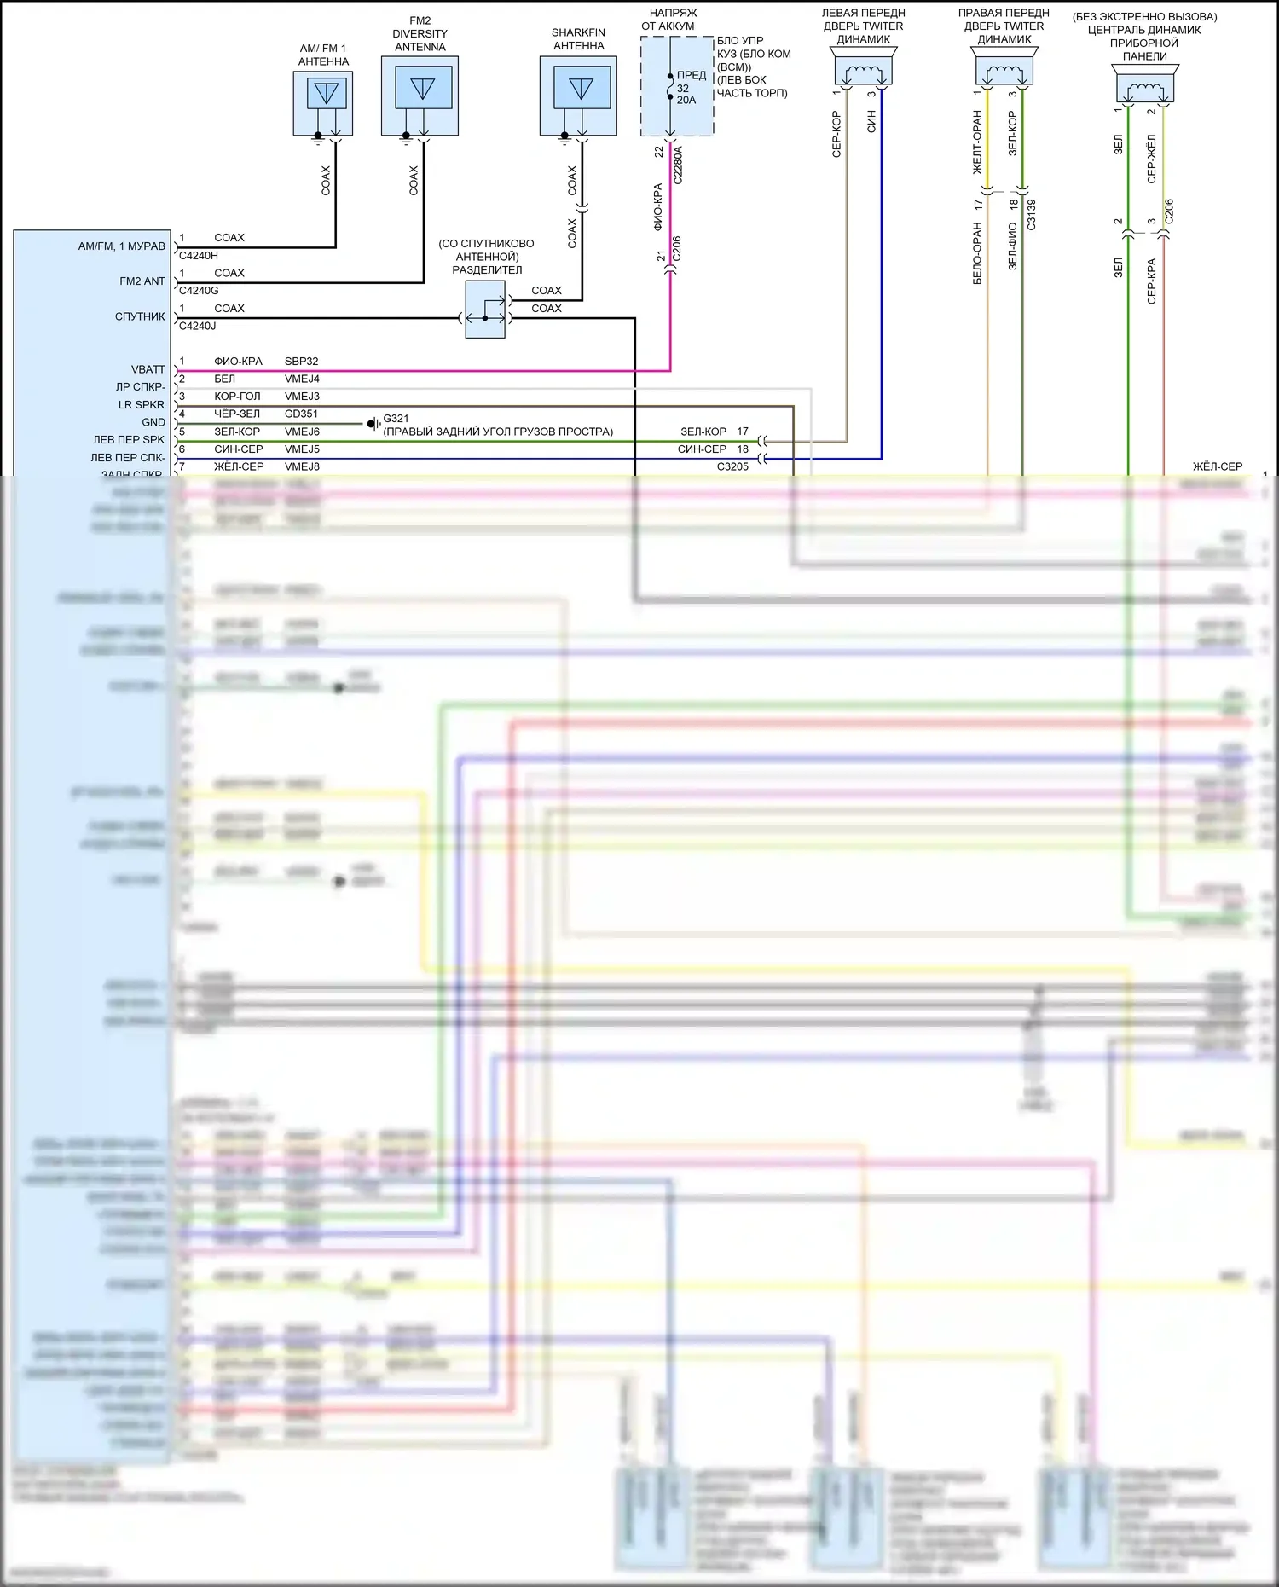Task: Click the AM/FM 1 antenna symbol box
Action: click(323, 102)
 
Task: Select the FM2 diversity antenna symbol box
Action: click(420, 95)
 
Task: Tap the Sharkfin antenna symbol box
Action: click(578, 95)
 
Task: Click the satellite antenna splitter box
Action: click(485, 310)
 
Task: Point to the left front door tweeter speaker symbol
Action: click(864, 67)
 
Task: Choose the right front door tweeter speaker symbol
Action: click(1004, 67)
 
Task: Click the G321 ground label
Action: click(396, 419)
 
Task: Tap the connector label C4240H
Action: click(199, 256)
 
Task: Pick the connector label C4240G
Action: click(199, 291)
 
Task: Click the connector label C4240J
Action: click(198, 326)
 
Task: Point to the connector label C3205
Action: click(732, 466)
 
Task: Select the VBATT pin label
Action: click(148, 369)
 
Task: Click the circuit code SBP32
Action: click(302, 362)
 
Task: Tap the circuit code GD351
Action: click(302, 414)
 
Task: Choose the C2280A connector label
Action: click(679, 165)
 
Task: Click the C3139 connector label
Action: click(1032, 214)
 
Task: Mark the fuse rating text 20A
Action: click(686, 101)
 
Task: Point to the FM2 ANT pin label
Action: click(142, 281)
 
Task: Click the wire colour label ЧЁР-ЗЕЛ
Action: click(237, 414)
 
